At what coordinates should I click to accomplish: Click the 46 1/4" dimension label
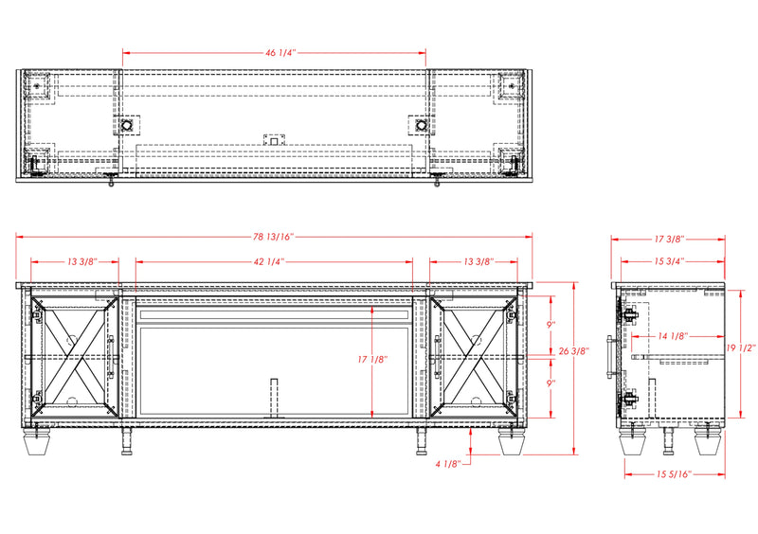[x=280, y=52]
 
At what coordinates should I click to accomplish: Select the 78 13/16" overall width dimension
[x=273, y=237]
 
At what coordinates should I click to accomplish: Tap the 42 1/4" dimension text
[x=268, y=261]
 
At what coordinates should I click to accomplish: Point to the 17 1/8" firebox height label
[x=372, y=359]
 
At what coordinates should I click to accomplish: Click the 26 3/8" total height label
[x=574, y=351]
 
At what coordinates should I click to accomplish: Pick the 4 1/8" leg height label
[x=448, y=463]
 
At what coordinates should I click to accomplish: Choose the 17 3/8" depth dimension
[x=669, y=239]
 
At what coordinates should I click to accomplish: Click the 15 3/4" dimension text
[x=669, y=261]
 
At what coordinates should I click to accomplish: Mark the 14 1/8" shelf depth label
[x=673, y=336]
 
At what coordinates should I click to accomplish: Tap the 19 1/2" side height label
[x=741, y=347]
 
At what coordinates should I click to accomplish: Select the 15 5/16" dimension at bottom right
[x=674, y=474]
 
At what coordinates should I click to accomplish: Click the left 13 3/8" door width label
[x=82, y=261]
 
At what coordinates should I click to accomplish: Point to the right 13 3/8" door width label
[x=478, y=261]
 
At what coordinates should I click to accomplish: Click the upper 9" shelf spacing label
[x=551, y=325]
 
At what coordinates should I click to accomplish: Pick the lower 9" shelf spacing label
[x=551, y=383]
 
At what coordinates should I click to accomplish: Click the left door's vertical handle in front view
[x=111, y=357]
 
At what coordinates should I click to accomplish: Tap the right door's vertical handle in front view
[x=438, y=357]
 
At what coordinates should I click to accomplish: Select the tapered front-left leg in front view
[x=37, y=441]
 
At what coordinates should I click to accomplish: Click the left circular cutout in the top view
[x=127, y=126]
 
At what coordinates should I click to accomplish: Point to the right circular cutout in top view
[x=422, y=126]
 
